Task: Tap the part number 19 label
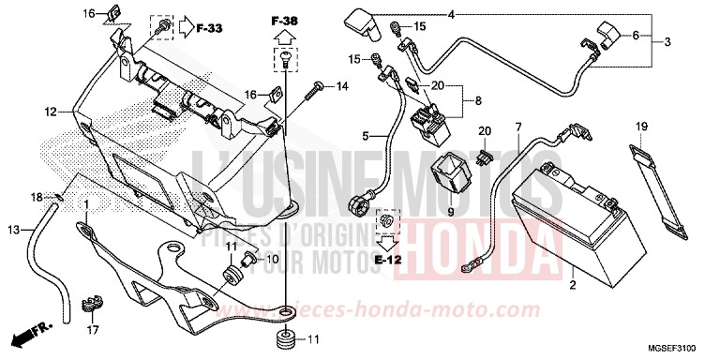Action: [x=643, y=126]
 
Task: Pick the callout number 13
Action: [x=13, y=230]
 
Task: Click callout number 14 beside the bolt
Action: [x=341, y=86]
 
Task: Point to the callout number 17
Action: [x=92, y=330]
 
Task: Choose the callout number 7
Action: [x=517, y=126]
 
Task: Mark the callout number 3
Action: [x=667, y=42]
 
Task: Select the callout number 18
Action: [x=37, y=197]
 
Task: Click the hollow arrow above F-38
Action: [x=282, y=37]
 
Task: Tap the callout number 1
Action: [x=87, y=204]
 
